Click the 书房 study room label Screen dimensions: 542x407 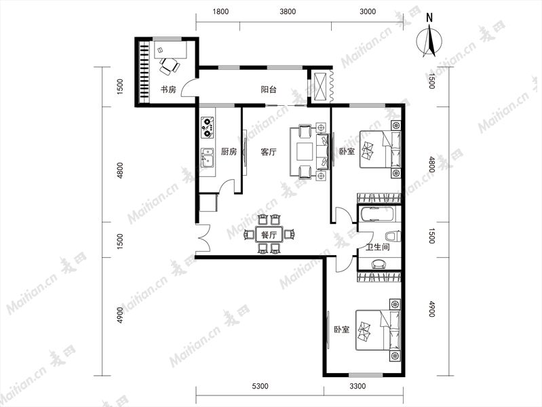[x=168, y=90]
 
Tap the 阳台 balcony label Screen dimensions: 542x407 [x=269, y=90]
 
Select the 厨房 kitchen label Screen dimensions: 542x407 [x=229, y=151]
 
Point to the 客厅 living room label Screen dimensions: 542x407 [x=269, y=152]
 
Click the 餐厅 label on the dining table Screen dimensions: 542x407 [x=269, y=235]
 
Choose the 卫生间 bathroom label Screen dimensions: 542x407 [x=378, y=247]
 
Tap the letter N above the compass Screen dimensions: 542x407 [x=429, y=17]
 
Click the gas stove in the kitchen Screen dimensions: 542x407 [x=208, y=128]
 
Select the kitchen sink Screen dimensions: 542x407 [x=208, y=157]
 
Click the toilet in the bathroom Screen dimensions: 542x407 [x=393, y=237]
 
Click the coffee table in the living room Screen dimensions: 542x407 [x=305, y=152]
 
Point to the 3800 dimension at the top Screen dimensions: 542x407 [x=288, y=12]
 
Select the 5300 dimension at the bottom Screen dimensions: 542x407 [x=260, y=386]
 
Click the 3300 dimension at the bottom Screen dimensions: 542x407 [x=357, y=386]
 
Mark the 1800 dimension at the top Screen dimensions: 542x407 [x=220, y=12]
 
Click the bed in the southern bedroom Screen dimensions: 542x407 [x=378, y=330]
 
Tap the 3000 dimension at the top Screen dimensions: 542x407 [x=368, y=12]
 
